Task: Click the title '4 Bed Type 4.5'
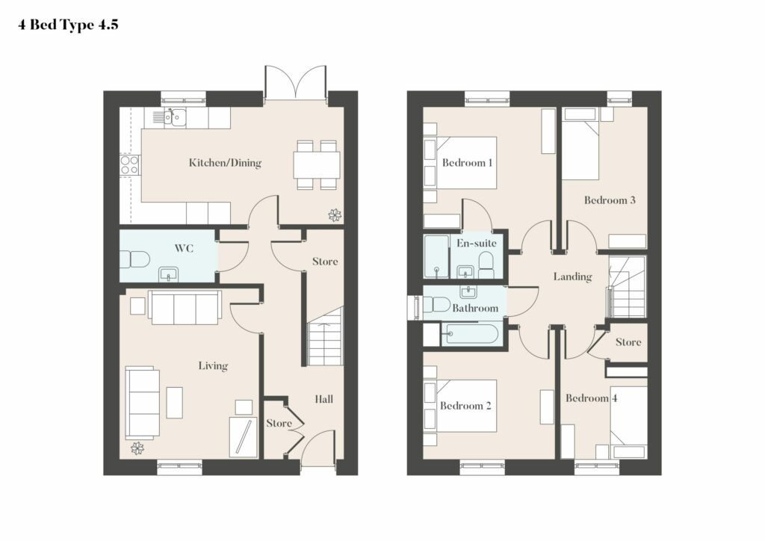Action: [x=68, y=25]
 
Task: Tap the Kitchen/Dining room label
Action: [x=225, y=162]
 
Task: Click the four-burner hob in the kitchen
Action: [x=130, y=164]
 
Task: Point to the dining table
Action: [x=317, y=165]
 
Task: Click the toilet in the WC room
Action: [x=134, y=259]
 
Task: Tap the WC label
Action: [x=184, y=248]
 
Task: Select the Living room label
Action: [x=213, y=365]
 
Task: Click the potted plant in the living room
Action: [x=137, y=448]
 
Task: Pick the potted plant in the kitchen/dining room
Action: [x=335, y=215]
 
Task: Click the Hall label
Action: [x=324, y=399]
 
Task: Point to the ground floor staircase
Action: [x=325, y=337]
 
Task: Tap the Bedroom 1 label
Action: [x=467, y=162]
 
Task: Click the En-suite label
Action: [x=477, y=243]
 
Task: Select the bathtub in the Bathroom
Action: [x=469, y=334]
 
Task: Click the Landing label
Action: [x=573, y=276]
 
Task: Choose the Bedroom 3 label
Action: [x=610, y=200]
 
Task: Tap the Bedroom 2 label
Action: [x=465, y=406]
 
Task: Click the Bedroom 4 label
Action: [x=592, y=398]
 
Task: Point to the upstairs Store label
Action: [x=628, y=342]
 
